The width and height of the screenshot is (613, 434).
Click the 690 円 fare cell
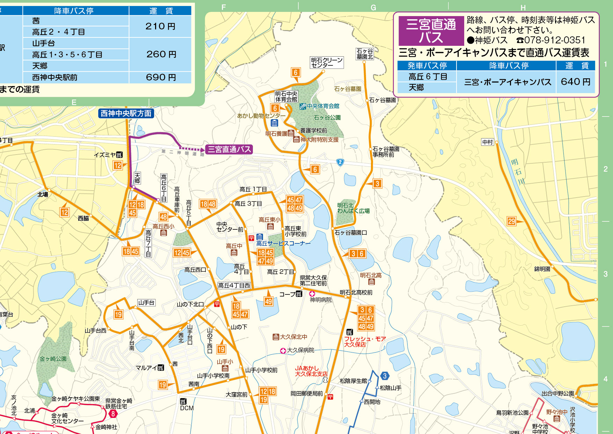pos(160,77)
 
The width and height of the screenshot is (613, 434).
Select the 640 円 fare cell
pos(575,82)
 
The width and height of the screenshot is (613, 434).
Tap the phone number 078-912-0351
pos(555,40)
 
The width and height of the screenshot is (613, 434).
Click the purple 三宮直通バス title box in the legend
pos(431,30)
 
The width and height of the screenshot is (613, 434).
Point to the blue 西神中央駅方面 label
pos(126,113)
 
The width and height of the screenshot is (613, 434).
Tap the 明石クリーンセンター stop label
pos(327,63)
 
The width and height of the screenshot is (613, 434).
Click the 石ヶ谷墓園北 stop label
pos(365,54)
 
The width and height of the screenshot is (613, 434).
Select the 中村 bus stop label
pos(487,142)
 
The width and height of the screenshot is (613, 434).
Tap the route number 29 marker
pos(511,221)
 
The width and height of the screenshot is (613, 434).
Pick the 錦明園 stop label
pos(542,269)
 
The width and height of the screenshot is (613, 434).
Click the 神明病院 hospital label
pos(321,300)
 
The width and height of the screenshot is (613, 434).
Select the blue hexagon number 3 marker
pos(385,376)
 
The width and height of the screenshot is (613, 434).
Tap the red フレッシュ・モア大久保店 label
pos(365,341)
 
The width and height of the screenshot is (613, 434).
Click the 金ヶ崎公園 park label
pos(53,359)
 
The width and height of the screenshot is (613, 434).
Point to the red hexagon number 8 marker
pos(113,414)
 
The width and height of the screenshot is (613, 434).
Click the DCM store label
pos(187,408)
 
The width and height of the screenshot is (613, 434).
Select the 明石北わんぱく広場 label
pos(353,208)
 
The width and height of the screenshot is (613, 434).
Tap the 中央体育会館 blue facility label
pos(323,106)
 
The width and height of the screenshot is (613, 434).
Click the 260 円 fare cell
pos(160,54)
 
